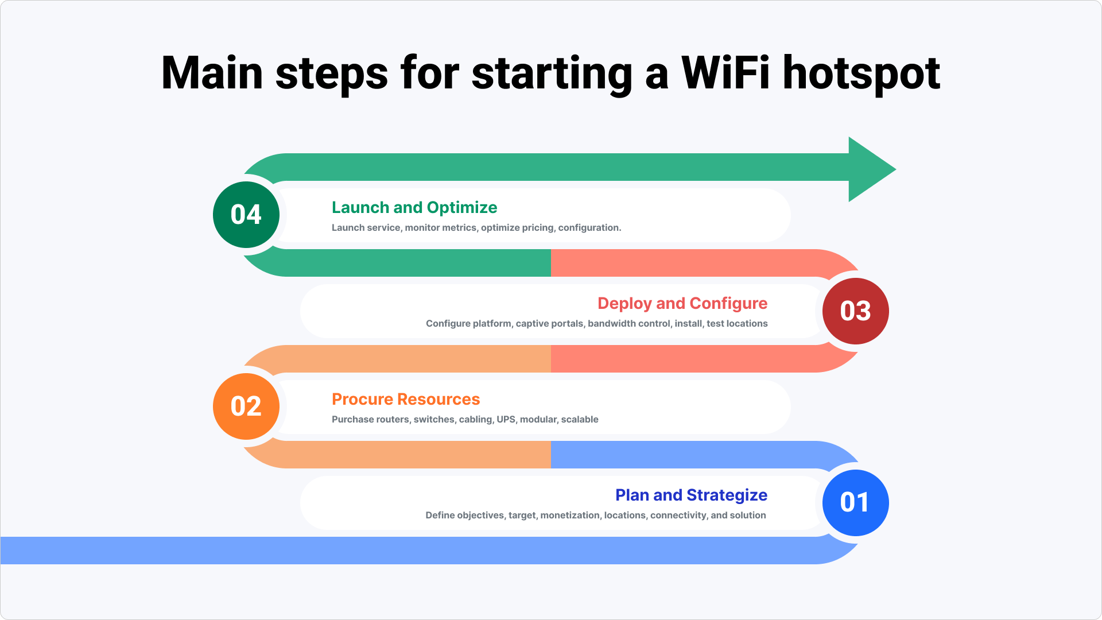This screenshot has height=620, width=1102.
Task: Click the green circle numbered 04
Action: click(246, 215)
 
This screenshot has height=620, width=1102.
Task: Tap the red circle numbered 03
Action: click(855, 311)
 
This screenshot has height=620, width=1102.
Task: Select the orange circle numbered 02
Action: click(246, 406)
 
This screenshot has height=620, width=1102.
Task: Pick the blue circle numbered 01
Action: click(855, 503)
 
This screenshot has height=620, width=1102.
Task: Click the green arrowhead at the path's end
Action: click(870, 169)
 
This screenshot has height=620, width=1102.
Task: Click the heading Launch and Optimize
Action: click(414, 207)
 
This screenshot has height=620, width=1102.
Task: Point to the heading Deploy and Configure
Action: click(682, 303)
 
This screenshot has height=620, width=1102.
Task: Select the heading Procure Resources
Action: click(406, 399)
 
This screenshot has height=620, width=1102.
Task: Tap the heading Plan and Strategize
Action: click(691, 495)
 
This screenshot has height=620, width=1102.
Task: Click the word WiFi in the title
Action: click(725, 73)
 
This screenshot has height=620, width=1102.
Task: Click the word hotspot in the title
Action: click(861, 73)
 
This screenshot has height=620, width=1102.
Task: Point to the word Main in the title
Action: click(212, 73)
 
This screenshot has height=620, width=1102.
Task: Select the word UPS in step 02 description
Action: click(506, 420)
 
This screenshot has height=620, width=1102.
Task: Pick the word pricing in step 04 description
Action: click(538, 228)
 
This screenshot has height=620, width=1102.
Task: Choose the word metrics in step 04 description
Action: click(459, 228)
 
